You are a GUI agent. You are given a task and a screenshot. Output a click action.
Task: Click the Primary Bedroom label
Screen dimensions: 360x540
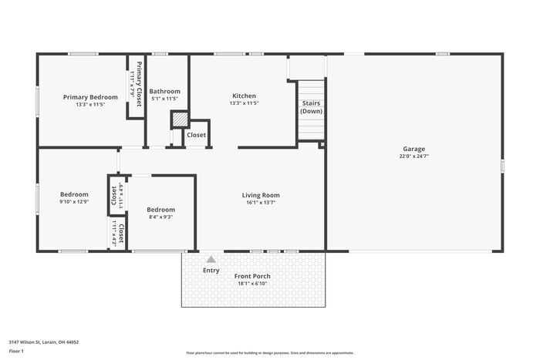pos(90,97)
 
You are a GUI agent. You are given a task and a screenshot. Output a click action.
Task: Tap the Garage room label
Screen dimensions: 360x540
pos(413,149)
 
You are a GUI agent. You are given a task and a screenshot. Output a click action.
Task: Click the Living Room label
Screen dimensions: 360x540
pos(260,195)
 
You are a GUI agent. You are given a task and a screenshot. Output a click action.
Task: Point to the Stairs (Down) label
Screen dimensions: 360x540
pos(311,106)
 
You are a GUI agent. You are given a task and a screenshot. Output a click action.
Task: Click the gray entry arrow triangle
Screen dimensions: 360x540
pos(211,260)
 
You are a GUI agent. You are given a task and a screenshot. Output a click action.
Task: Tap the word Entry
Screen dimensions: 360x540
pos(211,271)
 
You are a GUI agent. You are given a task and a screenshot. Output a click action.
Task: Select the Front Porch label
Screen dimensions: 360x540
pos(252,276)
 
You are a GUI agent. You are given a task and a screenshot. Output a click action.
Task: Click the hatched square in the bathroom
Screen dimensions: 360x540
pos(179,119)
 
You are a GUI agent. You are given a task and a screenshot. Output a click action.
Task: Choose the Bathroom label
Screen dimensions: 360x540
pos(164,91)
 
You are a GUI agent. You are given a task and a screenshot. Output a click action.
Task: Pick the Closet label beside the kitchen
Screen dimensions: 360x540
pos(196,135)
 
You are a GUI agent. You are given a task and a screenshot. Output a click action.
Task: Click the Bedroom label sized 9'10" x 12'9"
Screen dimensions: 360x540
pos(74,194)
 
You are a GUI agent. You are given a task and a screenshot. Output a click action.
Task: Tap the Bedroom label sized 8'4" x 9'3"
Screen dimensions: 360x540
pos(160,210)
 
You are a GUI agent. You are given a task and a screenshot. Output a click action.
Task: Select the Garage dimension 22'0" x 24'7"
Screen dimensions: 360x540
pos(413,156)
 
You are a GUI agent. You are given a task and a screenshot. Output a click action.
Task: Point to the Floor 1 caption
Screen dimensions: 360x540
pos(17,352)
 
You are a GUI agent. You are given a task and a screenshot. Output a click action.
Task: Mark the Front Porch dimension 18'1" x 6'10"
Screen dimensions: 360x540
pos(252,284)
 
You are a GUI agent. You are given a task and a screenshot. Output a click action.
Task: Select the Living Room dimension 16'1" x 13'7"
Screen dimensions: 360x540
pos(260,203)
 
